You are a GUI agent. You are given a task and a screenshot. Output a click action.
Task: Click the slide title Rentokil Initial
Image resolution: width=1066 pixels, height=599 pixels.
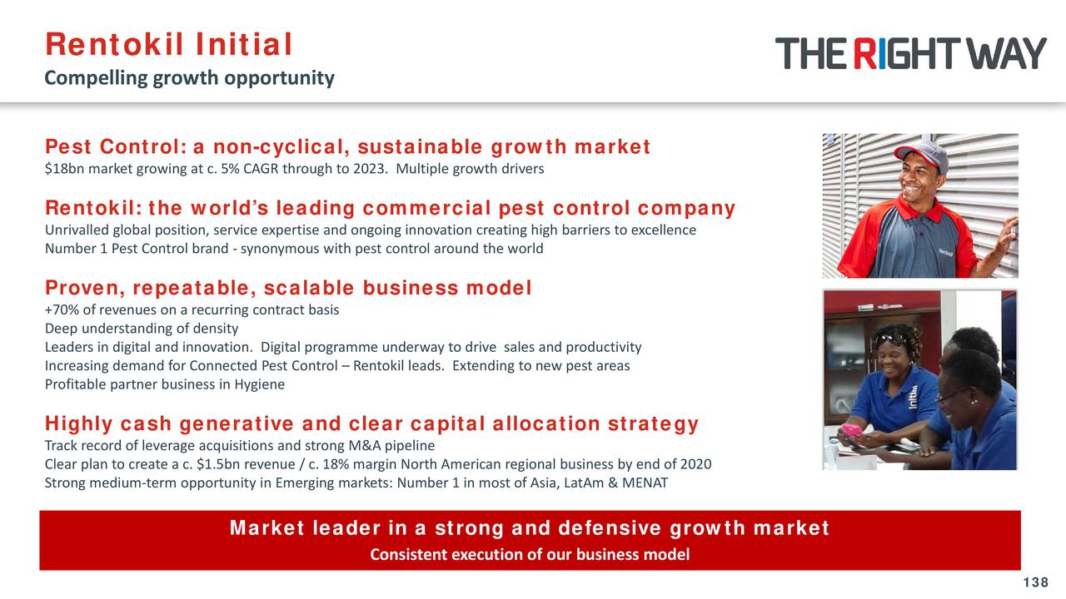point(168,45)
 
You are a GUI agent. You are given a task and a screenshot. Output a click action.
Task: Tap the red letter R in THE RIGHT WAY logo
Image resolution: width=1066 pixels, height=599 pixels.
point(864,54)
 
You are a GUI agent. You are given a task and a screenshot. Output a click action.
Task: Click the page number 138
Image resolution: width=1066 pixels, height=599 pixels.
point(1036,582)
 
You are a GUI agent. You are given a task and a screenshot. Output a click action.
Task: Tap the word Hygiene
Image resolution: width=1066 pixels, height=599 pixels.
point(259,384)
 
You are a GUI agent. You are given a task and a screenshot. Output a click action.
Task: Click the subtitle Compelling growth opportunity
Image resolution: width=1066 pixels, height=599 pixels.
point(189,78)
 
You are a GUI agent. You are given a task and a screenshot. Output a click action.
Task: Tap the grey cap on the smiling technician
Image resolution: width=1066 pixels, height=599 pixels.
point(921,153)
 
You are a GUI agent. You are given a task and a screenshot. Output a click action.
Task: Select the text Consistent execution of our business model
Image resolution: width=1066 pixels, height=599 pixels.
point(530,555)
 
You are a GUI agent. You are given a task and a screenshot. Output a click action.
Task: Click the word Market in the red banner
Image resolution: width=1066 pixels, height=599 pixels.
point(266,528)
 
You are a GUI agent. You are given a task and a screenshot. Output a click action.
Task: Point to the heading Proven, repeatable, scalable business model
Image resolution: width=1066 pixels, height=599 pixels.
point(288,288)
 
